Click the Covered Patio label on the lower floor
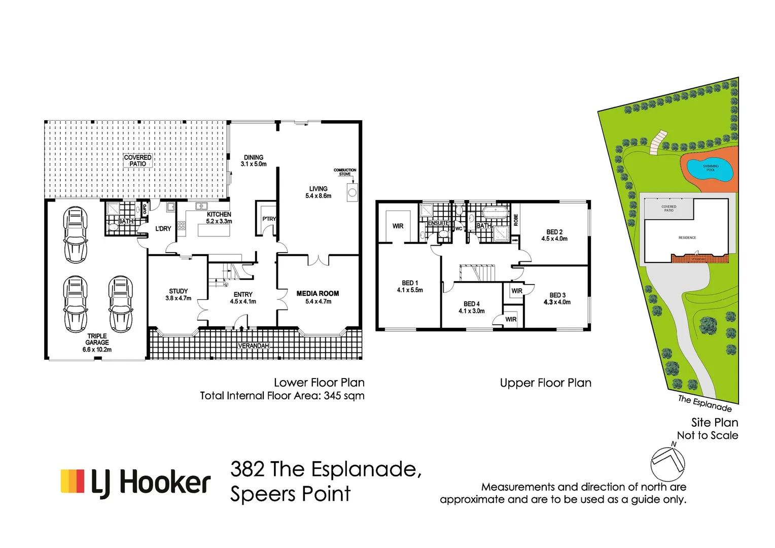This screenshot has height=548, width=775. tap(137, 160)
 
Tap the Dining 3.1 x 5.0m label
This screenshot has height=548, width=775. tap(254, 161)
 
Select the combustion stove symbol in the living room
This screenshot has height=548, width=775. tap(352, 192)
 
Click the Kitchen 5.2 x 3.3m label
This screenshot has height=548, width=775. tap(219, 218)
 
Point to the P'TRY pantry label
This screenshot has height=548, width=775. tap(269, 219)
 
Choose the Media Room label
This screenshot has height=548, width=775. tap(318, 294)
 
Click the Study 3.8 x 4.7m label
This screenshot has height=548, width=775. tap(178, 295)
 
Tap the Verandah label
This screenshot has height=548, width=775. tap(253, 346)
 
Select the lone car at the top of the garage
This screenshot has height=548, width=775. tap(75, 234)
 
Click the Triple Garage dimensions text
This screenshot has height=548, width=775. tap(97, 350)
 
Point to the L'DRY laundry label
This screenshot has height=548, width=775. tap(163, 229)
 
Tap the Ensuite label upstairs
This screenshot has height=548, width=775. tap(438, 223)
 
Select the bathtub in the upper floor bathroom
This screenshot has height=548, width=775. tap(495, 212)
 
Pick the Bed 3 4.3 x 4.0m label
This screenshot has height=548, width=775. tap(557, 298)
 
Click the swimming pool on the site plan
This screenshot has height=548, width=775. tap(710, 169)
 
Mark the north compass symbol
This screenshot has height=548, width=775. tap(667, 463)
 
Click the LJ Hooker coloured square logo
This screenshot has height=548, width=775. tap(73, 481)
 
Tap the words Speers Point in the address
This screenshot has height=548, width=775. tap(290, 494)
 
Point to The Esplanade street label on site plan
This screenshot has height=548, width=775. tap(705, 403)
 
